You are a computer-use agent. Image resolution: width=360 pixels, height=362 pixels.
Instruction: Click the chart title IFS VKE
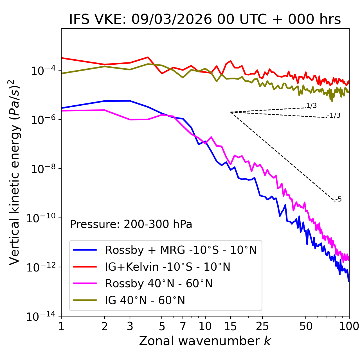[205, 19]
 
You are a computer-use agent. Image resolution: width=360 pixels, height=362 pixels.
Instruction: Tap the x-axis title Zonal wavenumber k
[205, 341]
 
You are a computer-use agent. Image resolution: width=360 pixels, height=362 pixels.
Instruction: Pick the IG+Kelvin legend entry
[168, 267]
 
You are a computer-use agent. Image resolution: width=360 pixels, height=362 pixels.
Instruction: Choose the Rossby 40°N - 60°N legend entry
[159, 284]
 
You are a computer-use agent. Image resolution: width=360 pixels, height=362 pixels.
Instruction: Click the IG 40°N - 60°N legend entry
[145, 300]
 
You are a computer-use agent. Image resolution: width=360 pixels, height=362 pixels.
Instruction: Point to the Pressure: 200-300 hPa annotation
[131, 224]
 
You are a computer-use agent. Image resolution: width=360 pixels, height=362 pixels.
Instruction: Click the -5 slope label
[338, 199]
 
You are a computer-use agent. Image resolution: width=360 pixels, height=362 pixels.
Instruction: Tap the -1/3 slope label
[334, 116]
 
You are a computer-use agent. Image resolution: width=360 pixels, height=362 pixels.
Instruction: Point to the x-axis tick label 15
[230, 326]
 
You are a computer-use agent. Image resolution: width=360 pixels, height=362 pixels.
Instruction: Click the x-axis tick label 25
[262, 326]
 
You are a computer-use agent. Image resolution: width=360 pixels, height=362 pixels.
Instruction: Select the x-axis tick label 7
[183, 326]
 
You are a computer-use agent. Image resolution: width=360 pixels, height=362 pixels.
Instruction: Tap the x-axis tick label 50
[306, 326]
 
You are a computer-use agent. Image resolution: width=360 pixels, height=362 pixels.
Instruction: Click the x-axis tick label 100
[349, 326]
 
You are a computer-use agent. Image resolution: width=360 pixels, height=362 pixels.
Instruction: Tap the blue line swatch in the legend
[85, 250]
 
